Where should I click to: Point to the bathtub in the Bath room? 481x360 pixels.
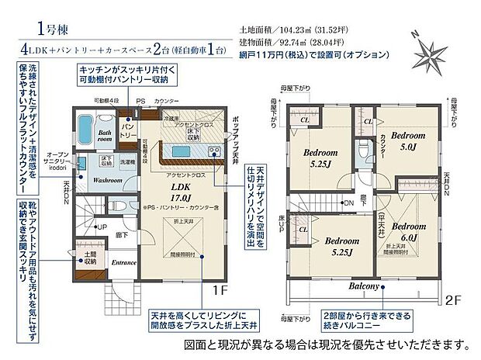click(x=86, y=126)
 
